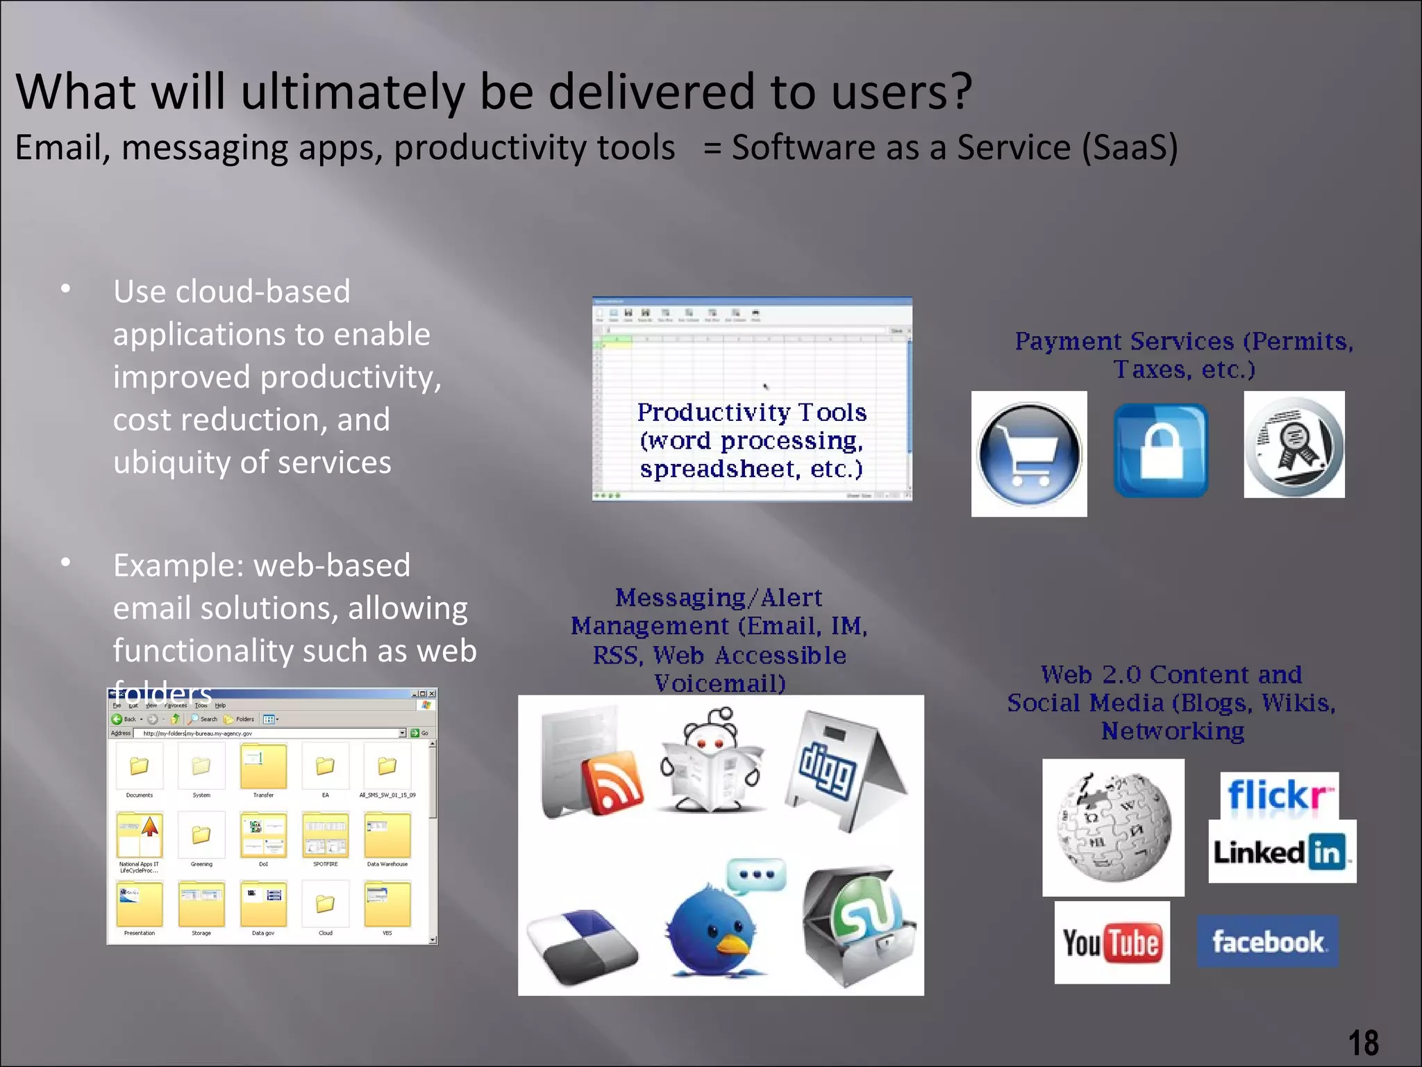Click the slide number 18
tap(1363, 1043)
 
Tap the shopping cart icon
tap(1029, 454)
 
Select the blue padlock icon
tap(1161, 450)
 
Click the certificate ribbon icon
tap(1294, 445)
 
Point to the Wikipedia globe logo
tap(1113, 827)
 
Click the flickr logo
tap(1279, 795)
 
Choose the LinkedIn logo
tap(1282, 852)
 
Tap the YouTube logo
tap(1112, 943)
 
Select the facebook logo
tap(1267, 942)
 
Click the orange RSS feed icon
tap(611, 781)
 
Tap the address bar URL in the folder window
tap(198, 734)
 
